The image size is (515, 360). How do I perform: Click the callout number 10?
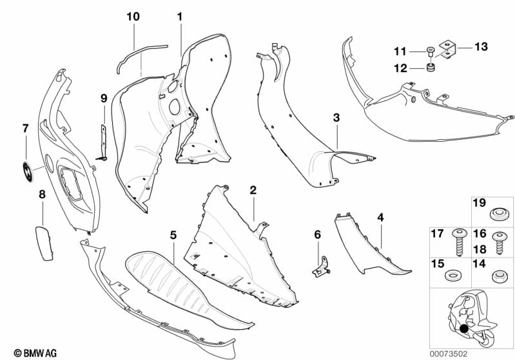point(133,16)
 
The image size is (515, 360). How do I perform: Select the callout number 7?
point(26,128)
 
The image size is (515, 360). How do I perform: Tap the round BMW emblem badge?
point(28,172)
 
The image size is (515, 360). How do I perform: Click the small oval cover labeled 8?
point(44,243)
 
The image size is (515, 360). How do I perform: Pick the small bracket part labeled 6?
point(321,267)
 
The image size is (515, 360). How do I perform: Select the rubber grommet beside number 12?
point(431,68)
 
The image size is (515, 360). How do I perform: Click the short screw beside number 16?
point(500,243)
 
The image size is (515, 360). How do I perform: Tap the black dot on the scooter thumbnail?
point(464,328)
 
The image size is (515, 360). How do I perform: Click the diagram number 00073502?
point(449,354)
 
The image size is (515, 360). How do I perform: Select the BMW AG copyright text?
point(35,353)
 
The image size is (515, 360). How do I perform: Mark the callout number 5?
point(173,235)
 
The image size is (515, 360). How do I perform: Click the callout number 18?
point(480,249)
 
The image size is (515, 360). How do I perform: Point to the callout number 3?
point(336,117)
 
